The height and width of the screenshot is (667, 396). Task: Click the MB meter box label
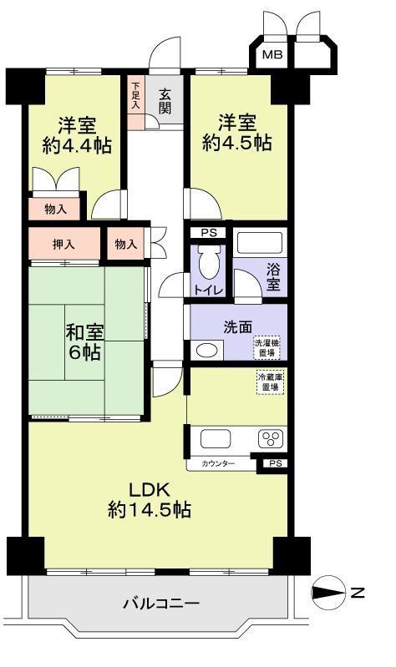tap(272, 55)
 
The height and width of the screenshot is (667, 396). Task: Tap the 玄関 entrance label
tap(165, 101)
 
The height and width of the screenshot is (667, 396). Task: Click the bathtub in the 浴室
tap(260, 243)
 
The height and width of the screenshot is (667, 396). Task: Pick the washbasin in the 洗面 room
tap(207, 350)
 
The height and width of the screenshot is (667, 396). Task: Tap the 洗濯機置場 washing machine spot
tap(267, 347)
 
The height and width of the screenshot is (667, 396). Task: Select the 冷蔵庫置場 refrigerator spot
tap(270, 382)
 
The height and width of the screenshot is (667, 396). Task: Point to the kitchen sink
tap(216, 438)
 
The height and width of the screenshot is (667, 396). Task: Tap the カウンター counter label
tap(218, 463)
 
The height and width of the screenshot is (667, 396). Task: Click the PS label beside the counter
tap(276, 463)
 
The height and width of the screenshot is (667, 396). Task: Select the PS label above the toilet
tap(209, 233)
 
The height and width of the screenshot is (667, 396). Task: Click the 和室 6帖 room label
tap(84, 342)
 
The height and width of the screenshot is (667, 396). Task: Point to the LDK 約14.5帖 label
tap(150, 500)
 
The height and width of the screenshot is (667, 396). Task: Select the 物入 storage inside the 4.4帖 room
tap(54, 210)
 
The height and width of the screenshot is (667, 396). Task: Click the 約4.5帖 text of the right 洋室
tap(236, 143)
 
